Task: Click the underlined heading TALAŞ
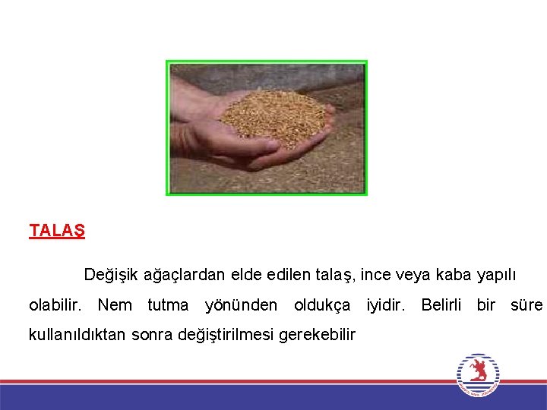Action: (57, 231)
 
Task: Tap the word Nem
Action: (115, 305)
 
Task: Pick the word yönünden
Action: (241, 306)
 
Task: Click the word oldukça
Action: (322, 306)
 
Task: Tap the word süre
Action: (526, 305)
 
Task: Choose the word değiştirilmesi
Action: (226, 335)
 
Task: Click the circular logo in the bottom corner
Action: (478, 374)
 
